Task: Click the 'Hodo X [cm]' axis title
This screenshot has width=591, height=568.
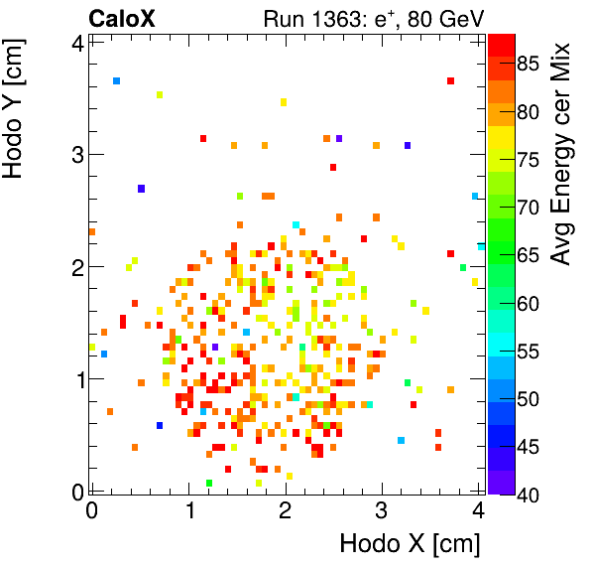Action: pyautogui.click(x=410, y=544)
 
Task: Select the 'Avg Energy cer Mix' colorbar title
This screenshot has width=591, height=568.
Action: pyautogui.click(x=561, y=154)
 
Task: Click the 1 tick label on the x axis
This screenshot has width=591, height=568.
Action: pyautogui.click(x=188, y=510)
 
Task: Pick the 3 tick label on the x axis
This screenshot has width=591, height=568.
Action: pyautogui.click(x=383, y=510)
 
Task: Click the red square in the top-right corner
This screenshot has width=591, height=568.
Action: pyautogui.click(x=450, y=81)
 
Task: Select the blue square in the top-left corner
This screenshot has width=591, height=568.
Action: pyautogui.click(x=116, y=81)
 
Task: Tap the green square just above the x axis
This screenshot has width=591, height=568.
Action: pyautogui.click(x=208, y=484)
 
